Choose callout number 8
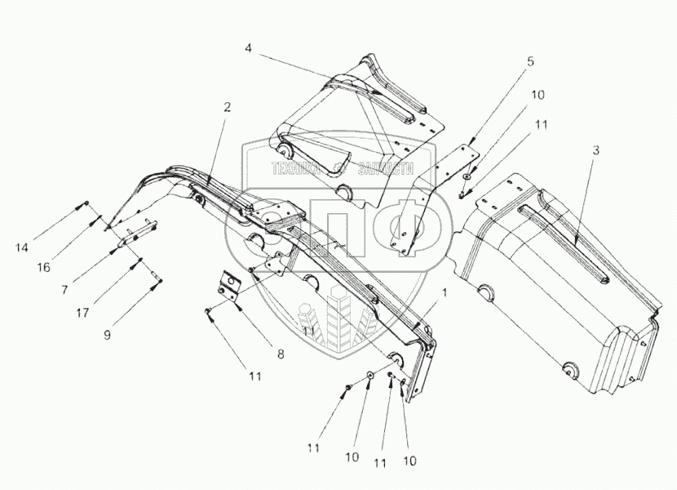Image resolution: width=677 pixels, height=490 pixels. [x=281, y=354]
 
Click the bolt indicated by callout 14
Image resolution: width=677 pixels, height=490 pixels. [x=85, y=204]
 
